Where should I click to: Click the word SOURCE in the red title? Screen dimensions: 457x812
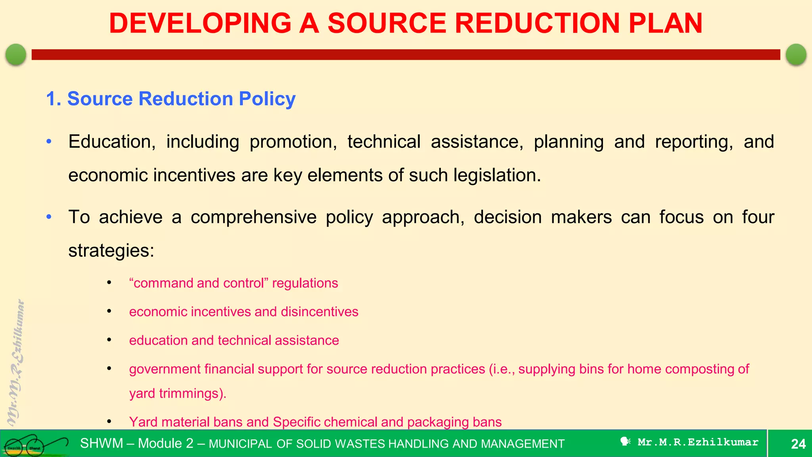pos(387,23)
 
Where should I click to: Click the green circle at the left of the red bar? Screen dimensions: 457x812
pos(16,54)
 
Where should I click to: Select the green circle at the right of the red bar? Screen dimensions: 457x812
pos(796,54)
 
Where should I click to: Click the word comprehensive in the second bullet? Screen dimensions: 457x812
pos(253,217)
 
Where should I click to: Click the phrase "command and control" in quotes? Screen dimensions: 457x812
pos(199,283)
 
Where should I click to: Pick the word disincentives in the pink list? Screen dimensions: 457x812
pos(319,312)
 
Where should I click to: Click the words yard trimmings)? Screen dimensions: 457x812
pos(178,394)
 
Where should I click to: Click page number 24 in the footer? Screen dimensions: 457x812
pos(798,444)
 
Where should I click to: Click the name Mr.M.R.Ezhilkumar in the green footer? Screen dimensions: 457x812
pos(698,442)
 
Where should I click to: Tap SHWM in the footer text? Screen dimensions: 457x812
pos(101,444)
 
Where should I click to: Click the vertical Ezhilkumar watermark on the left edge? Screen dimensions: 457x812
pos(16,362)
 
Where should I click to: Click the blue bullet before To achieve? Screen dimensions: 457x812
pos(49,217)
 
